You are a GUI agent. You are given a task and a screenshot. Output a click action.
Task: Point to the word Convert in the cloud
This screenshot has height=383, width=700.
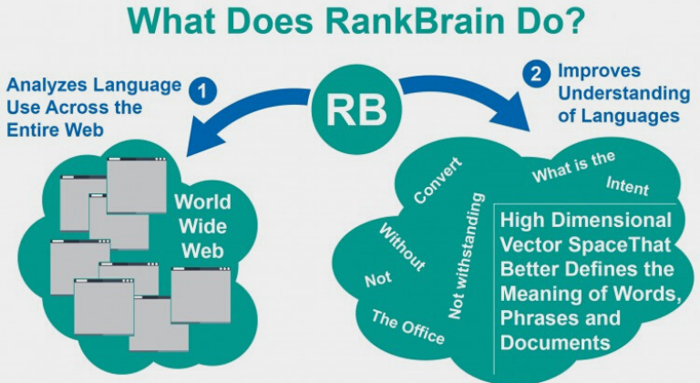pos(437,181)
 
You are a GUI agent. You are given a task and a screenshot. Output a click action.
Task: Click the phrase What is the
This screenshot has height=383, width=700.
pos(561,168)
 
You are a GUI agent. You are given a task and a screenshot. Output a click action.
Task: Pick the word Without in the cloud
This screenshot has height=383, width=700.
pos(402,247)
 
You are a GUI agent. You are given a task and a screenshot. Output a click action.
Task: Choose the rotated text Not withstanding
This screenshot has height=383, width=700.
pos(467,256)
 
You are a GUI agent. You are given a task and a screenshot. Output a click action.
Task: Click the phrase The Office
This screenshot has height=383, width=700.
pos(407,326)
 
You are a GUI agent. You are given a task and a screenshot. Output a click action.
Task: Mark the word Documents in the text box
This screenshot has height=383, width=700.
pos(555,343)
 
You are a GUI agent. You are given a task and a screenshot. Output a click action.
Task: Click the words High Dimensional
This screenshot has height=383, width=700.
pos(585,221)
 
